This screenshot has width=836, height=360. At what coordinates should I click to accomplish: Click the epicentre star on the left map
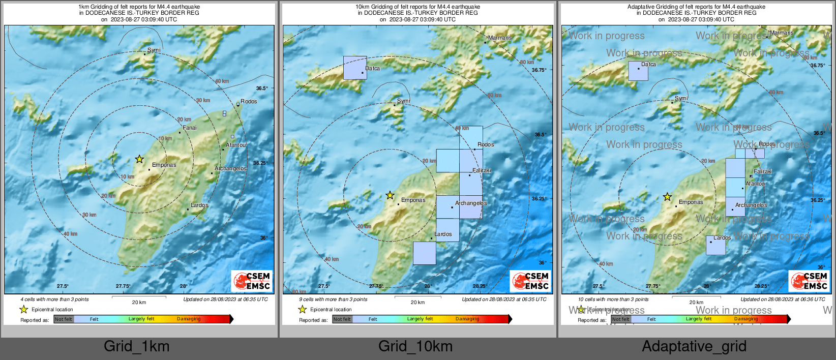click(139, 159)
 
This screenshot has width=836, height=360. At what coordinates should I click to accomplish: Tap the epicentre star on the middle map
click(390, 195)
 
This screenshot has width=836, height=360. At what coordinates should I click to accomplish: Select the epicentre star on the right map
click(667, 197)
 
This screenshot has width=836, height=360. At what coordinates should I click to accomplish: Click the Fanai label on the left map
click(189, 128)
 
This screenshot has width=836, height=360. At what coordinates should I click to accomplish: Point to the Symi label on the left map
click(154, 50)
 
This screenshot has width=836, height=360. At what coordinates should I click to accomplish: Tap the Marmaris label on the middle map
click(500, 38)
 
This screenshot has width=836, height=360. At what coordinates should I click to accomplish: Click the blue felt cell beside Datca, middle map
click(354, 68)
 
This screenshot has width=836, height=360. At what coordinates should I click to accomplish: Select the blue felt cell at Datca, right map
click(638, 71)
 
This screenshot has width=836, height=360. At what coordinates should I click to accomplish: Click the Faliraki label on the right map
click(763, 171)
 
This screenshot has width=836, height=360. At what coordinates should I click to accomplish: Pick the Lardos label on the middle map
click(443, 234)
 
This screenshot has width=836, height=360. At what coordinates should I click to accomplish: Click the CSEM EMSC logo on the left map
click(252, 281)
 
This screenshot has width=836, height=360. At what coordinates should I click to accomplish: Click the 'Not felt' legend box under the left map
click(64, 319)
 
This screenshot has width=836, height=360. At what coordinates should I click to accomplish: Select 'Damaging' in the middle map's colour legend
click(467, 319)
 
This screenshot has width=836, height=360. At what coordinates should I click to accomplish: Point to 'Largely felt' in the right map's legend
click(698, 319)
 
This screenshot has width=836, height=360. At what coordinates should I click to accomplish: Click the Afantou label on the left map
click(235, 145)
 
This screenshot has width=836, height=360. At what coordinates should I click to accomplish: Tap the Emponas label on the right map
click(691, 202)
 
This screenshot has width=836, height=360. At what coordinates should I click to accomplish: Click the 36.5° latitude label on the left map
click(261, 88)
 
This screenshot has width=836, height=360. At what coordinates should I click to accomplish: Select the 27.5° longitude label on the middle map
click(324, 286)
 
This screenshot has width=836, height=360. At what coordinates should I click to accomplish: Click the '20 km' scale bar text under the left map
click(139, 302)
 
